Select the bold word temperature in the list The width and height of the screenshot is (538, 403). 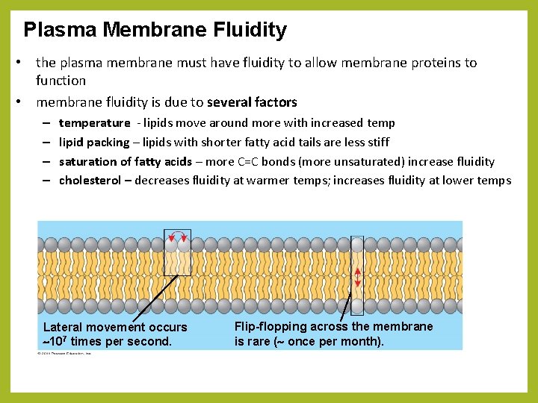click(94, 122)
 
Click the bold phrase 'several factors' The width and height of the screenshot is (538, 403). click(252, 102)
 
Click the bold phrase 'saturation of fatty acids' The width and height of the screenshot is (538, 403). click(125, 161)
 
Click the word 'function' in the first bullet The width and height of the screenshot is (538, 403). click(61, 81)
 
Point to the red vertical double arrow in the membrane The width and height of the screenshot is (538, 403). click(357, 278)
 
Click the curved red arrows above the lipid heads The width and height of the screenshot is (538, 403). click(178, 237)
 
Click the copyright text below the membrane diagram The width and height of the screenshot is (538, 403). click(65, 353)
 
